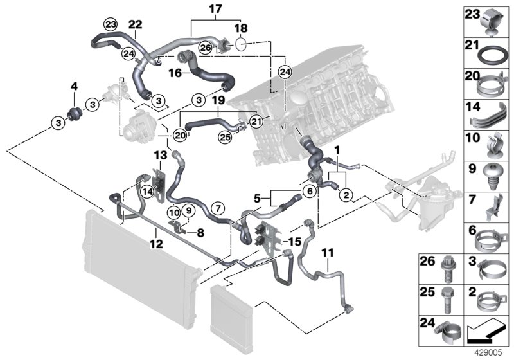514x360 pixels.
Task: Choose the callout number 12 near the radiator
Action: (156, 244)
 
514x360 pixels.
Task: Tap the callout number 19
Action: (217, 101)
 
